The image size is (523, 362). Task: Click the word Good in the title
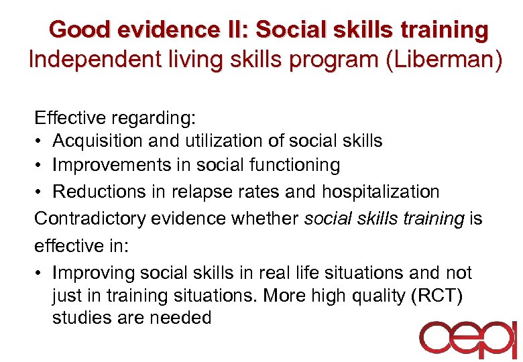click(x=73, y=30)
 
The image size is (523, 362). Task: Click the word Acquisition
click(x=93, y=141)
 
